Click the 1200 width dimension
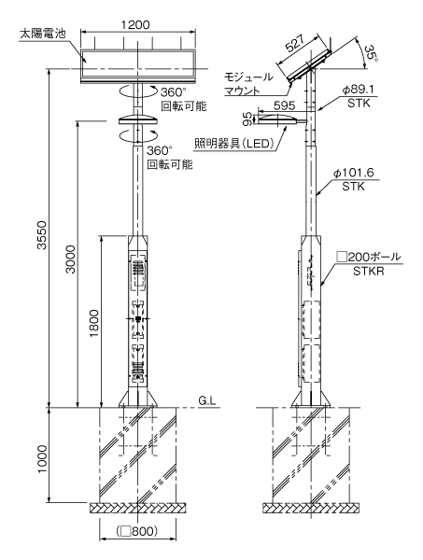pos(135,25)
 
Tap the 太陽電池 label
pos(43,35)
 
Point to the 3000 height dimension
pos(71,259)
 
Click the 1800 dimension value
pos(94,324)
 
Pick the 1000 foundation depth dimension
pos(42,459)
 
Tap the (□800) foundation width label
pos(137,531)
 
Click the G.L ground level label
pos(207,400)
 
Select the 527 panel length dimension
pos(296,44)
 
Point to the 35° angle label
pos(371,53)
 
